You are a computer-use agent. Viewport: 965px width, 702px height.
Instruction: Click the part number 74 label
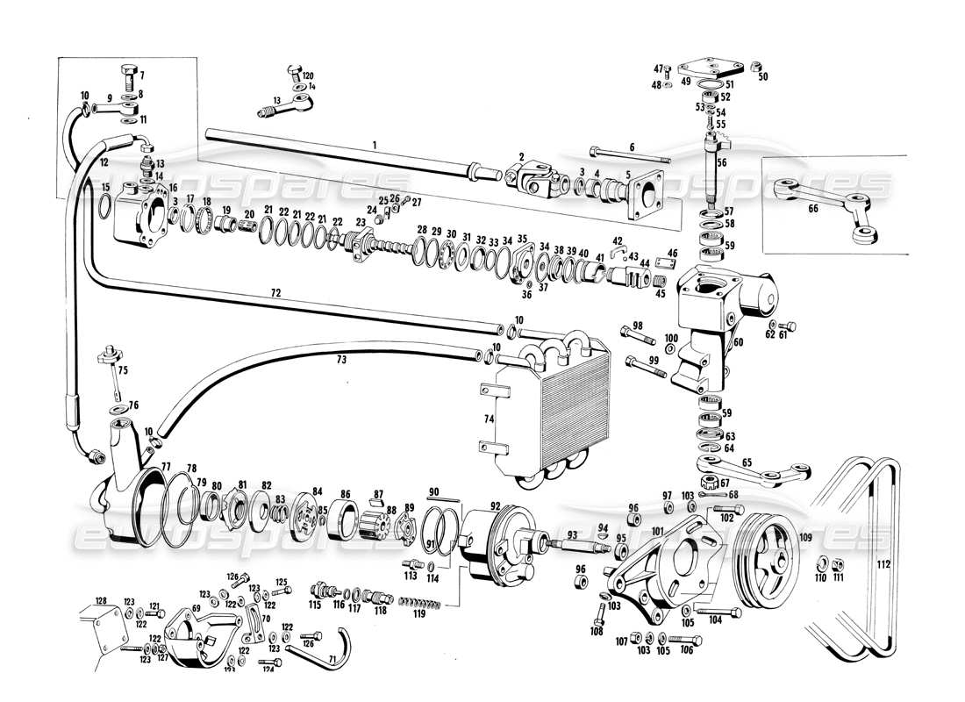[x=489, y=419]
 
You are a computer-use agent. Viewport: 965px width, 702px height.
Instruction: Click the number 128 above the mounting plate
[x=101, y=600]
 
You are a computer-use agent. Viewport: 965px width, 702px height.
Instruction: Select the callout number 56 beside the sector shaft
[x=722, y=161]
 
